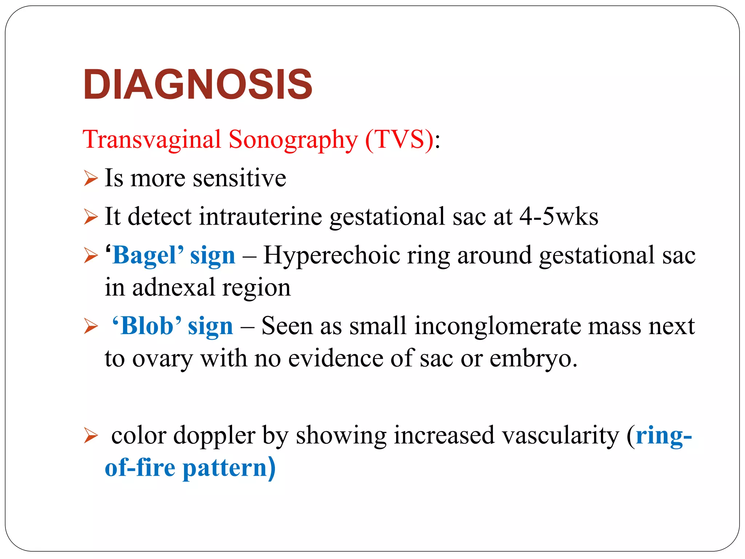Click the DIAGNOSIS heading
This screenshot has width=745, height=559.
(x=198, y=84)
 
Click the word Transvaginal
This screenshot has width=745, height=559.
(x=152, y=140)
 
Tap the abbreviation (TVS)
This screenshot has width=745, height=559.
(x=399, y=140)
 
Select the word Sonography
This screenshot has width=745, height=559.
(x=293, y=140)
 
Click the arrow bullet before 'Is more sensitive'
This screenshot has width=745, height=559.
(x=91, y=178)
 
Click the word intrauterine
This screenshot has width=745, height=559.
(x=260, y=217)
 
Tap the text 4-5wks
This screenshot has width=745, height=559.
(x=559, y=217)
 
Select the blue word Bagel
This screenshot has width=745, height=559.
(x=144, y=255)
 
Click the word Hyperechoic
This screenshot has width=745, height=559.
(x=331, y=255)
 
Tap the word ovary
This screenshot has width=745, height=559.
(x=162, y=358)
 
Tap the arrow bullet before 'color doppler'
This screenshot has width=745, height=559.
(x=91, y=436)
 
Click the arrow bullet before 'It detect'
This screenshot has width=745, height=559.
(x=91, y=217)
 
